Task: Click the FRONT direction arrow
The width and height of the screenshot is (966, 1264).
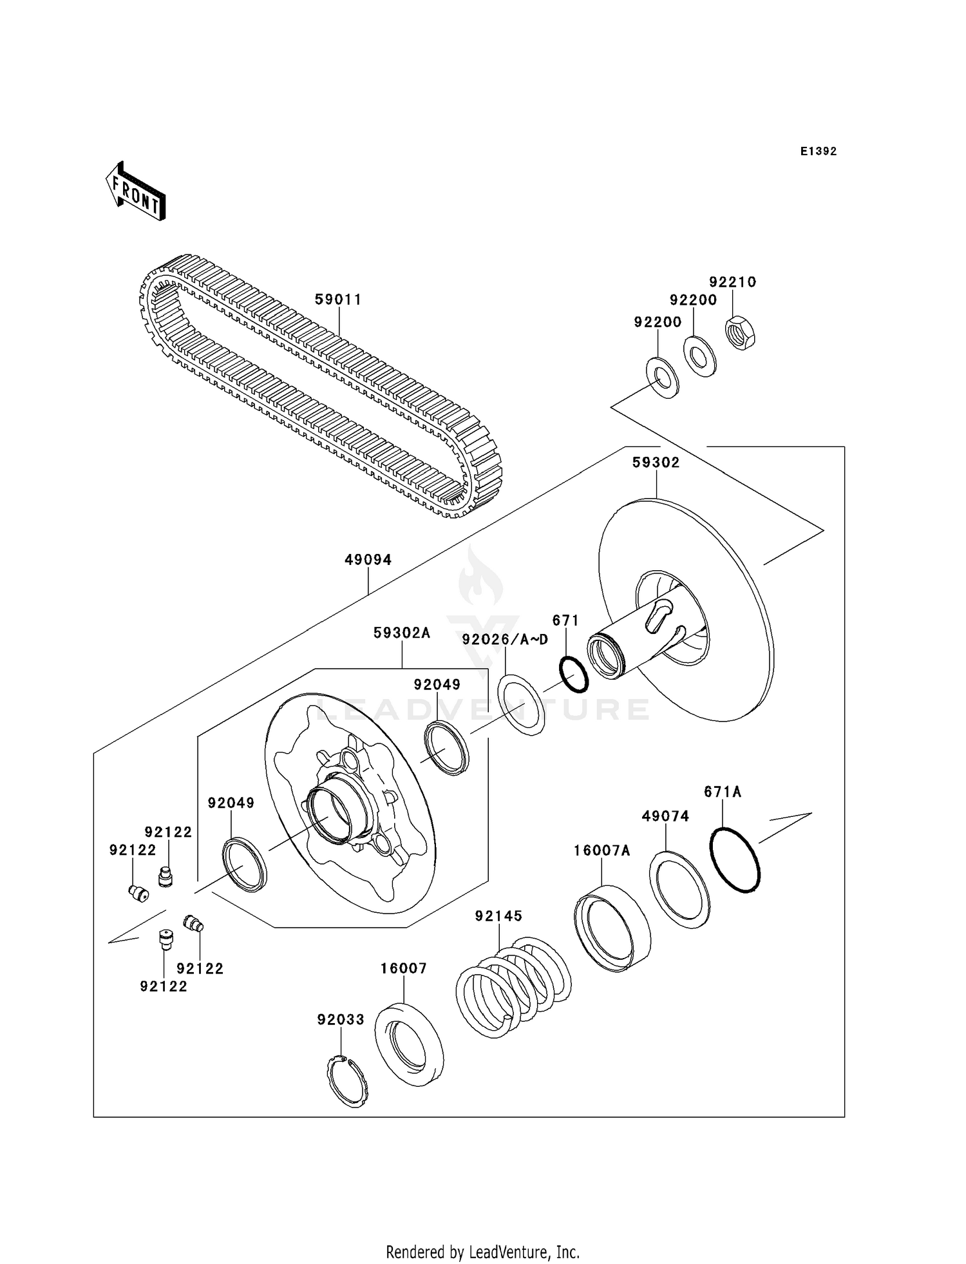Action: [x=136, y=193]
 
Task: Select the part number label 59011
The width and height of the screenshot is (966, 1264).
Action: [x=338, y=300]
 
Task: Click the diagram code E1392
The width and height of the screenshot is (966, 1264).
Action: [x=819, y=151]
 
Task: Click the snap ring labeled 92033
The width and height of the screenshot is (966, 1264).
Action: [x=346, y=1082]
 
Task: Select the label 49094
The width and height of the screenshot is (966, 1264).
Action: [x=368, y=560]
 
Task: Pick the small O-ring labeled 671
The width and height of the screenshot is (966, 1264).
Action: [x=574, y=675]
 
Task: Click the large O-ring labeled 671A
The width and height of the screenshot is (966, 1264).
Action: [x=735, y=859]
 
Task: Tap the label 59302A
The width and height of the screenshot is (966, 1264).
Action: [x=402, y=633]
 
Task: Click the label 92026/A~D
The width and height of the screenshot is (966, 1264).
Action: [x=505, y=639]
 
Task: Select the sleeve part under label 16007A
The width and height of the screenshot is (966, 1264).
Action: [x=612, y=928]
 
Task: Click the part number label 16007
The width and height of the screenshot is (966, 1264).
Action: [x=404, y=968]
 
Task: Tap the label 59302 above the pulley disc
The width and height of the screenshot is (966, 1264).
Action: [x=656, y=463]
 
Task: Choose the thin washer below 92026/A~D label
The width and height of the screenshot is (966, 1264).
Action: [x=522, y=704]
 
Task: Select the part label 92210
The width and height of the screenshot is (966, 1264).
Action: [x=732, y=282]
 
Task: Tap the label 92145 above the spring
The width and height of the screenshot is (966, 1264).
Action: [x=498, y=916]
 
